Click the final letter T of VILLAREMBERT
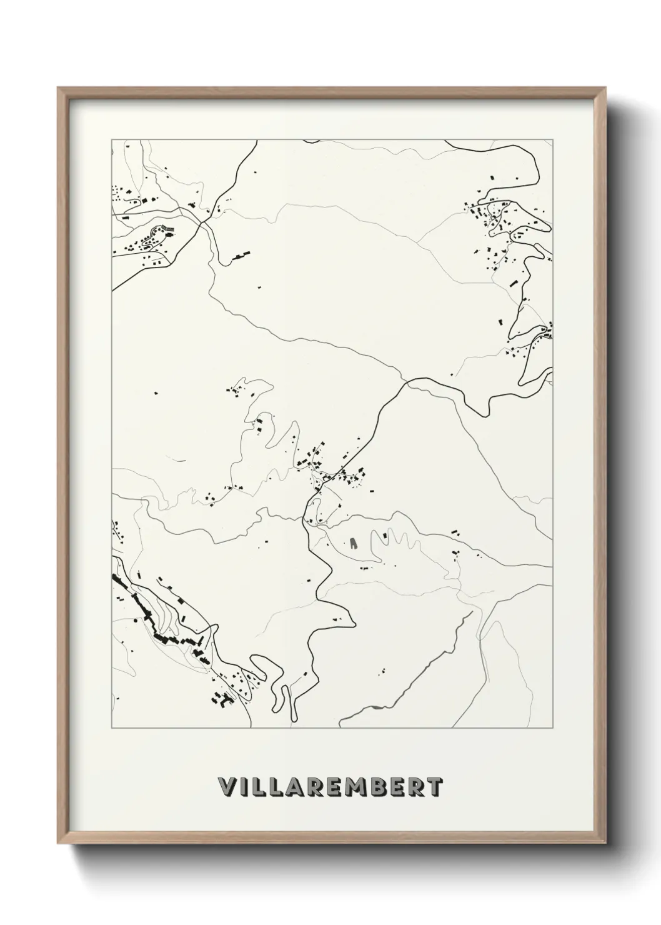coord(435,787)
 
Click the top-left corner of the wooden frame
coord(58,88)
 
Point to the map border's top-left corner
coord(112,140)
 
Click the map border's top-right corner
coord(552,140)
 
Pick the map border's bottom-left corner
coord(112,728)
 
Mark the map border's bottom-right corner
coord(552,728)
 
